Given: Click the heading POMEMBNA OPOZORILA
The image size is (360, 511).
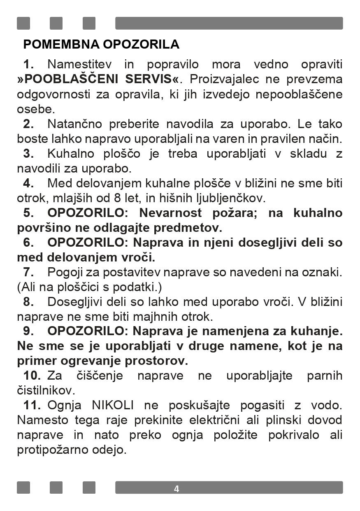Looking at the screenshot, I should pyautogui.click(x=101, y=44).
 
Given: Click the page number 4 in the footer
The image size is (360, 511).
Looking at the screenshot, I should pyautogui.click(x=177, y=489).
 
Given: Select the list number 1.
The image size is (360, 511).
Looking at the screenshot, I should pyautogui.click(x=28, y=64).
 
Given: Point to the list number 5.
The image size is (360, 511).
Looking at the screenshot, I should pyautogui.click(x=28, y=213).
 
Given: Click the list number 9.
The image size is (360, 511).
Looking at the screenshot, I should pyautogui.click(x=28, y=331).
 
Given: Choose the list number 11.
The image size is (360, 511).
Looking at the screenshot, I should pyautogui.click(x=31, y=405).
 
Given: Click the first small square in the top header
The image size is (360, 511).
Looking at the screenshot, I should pyautogui.click(x=23, y=23).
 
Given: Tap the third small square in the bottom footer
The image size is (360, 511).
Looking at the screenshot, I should pyautogui.click(x=89, y=488).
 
